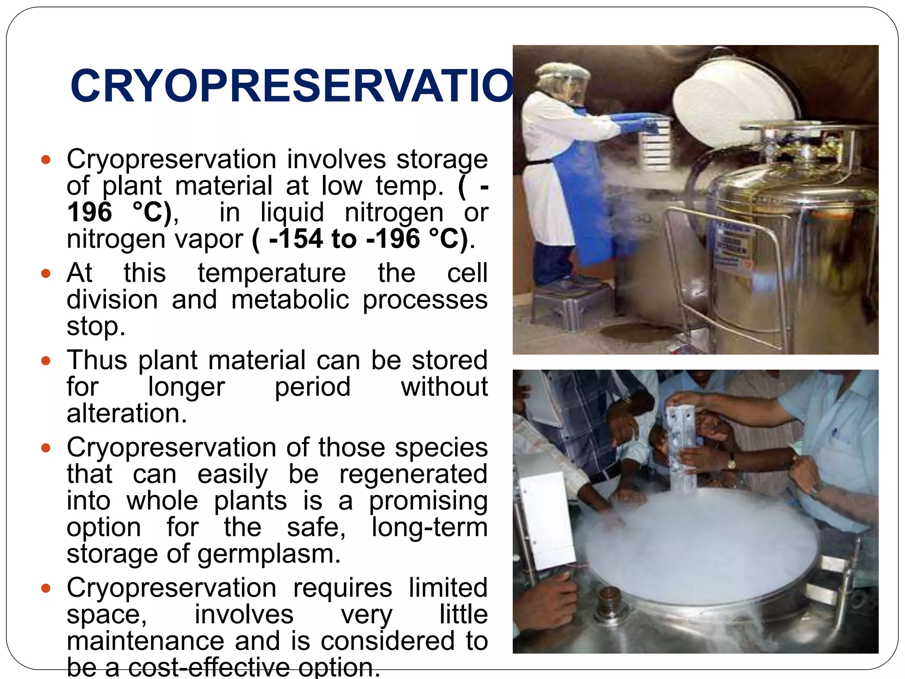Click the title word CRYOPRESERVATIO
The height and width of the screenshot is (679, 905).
[292, 86]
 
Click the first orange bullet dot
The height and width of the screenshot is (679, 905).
[46, 160]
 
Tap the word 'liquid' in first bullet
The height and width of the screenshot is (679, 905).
[292, 213]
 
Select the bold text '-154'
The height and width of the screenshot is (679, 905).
[296, 239]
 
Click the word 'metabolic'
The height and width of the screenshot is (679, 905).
[290, 300]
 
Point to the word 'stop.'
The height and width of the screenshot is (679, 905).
[96, 327]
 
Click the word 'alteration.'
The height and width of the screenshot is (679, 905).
[127, 414]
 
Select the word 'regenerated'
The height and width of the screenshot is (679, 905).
[413, 474]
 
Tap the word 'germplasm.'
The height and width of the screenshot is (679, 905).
[269, 554]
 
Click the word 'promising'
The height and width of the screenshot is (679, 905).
[428, 501]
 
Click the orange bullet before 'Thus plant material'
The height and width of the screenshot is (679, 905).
[46, 361]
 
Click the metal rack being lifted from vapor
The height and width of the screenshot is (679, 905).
[683, 446]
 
